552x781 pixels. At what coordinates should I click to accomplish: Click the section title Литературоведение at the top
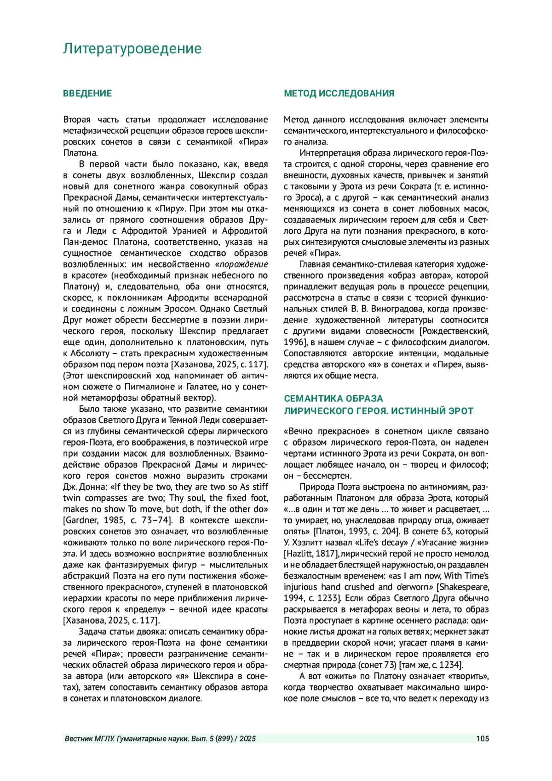[132, 49]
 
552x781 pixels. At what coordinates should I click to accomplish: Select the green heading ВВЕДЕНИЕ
[87, 93]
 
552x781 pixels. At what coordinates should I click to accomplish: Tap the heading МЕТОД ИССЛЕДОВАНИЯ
[339, 93]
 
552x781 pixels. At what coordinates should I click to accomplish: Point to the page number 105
[483, 739]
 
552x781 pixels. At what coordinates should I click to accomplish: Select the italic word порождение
[244, 265]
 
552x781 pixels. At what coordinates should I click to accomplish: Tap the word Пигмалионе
[146, 387]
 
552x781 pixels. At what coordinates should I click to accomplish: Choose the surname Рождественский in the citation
[455, 331]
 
